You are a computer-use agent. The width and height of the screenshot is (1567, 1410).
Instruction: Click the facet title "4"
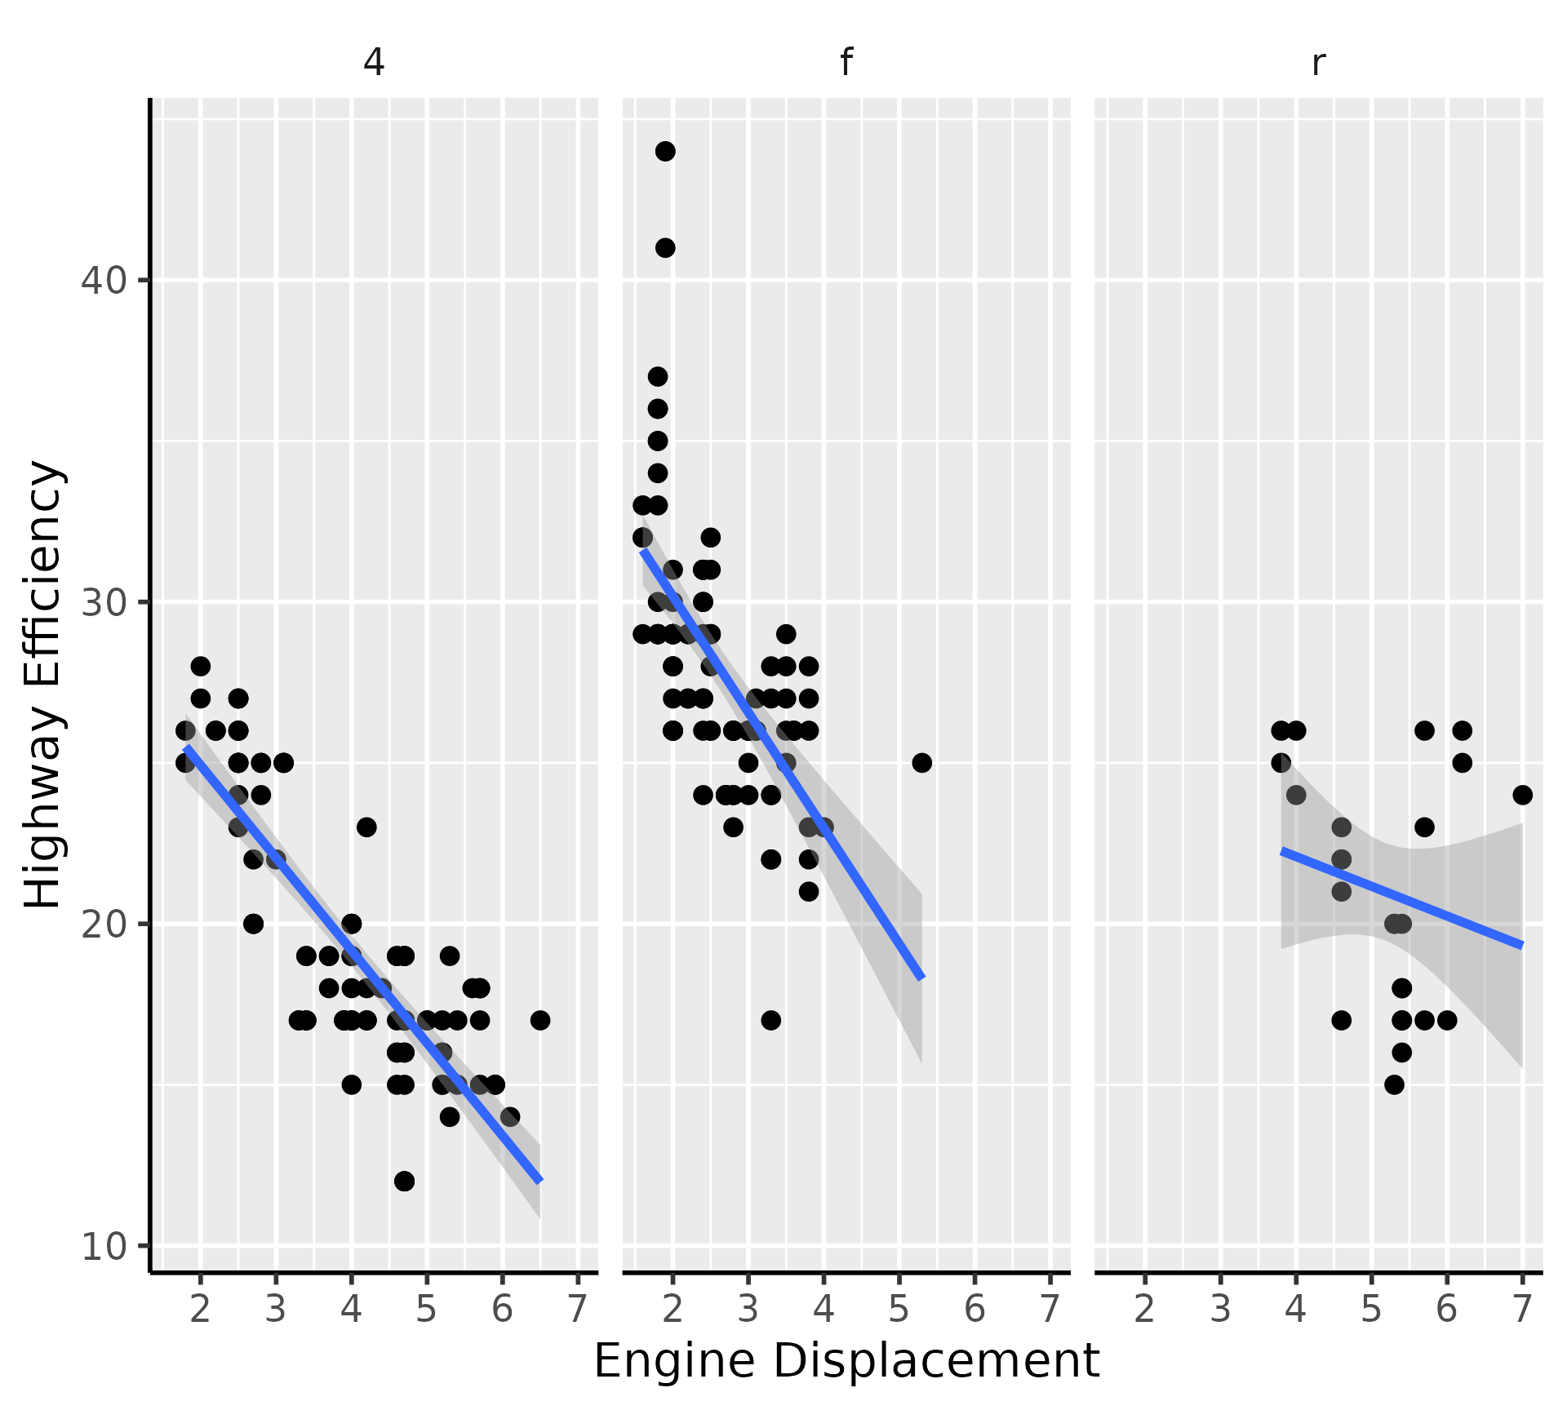click(374, 62)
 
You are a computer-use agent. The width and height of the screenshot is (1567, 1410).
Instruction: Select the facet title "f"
click(846, 62)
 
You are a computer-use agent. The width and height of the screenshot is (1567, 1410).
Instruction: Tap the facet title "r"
click(1318, 62)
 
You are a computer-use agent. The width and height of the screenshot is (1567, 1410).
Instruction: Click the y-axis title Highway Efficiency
click(42, 684)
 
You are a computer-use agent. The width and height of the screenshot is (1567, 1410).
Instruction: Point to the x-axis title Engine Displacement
click(846, 1360)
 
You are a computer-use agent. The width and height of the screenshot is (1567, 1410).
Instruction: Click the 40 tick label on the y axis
click(104, 281)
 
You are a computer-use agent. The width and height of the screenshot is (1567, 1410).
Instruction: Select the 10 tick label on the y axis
click(104, 1246)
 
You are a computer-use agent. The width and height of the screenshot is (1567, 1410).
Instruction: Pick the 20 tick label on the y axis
click(104, 924)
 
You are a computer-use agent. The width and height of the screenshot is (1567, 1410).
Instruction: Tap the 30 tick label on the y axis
click(104, 602)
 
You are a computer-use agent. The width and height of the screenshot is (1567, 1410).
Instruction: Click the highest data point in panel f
click(665, 151)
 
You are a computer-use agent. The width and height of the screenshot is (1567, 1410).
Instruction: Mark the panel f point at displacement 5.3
click(921, 763)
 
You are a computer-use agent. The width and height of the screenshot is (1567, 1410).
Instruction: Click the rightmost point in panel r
click(1522, 795)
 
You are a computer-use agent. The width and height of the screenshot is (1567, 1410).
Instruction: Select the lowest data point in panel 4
click(404, 1181)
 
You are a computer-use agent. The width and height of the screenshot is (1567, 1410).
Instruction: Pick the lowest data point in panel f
click(770, 1020)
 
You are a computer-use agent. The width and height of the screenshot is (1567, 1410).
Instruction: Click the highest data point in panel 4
click(201, 666)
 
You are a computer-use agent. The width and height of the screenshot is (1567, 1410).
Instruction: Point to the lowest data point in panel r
click(1394, 1084)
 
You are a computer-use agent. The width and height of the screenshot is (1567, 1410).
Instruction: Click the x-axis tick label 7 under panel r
click(1522, 1309)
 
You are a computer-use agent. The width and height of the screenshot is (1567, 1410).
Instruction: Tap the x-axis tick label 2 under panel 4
click(201, 1309)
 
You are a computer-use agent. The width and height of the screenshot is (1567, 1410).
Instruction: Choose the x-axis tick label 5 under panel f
click(899, 1309)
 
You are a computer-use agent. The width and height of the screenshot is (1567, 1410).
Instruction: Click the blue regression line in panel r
click(1401, 898)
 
